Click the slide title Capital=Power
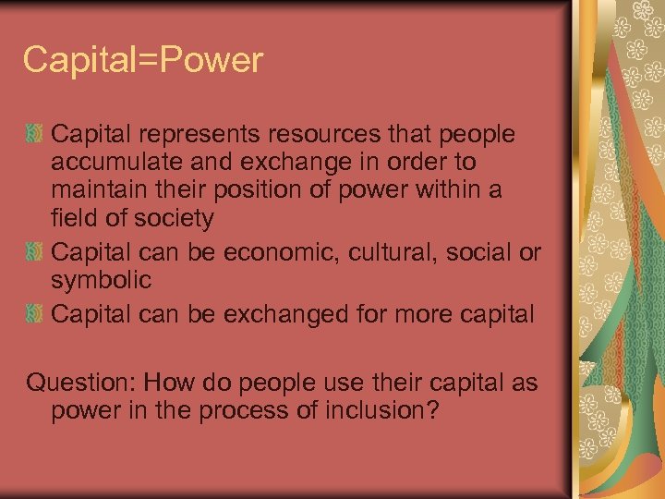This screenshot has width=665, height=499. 143,61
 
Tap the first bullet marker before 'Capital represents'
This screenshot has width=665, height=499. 35,136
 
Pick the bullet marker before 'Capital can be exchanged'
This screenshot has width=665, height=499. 35,314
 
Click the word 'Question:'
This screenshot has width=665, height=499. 80,383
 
